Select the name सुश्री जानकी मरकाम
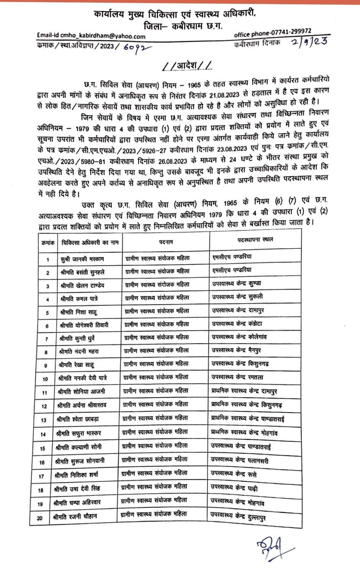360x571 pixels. pos(82,259)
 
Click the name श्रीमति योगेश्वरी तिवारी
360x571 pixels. pos(84,325)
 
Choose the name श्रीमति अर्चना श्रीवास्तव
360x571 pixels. pos(82,405)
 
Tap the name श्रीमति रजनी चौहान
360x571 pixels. pos(75,517)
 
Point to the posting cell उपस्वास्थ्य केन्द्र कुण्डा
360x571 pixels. pos(237,284)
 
